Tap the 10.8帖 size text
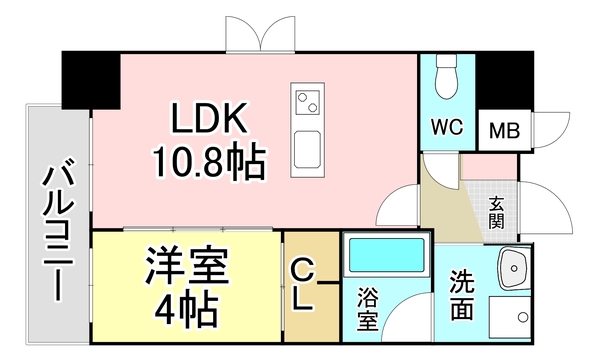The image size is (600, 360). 209,160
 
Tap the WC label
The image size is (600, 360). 446,128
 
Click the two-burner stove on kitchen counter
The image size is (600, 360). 307,100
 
